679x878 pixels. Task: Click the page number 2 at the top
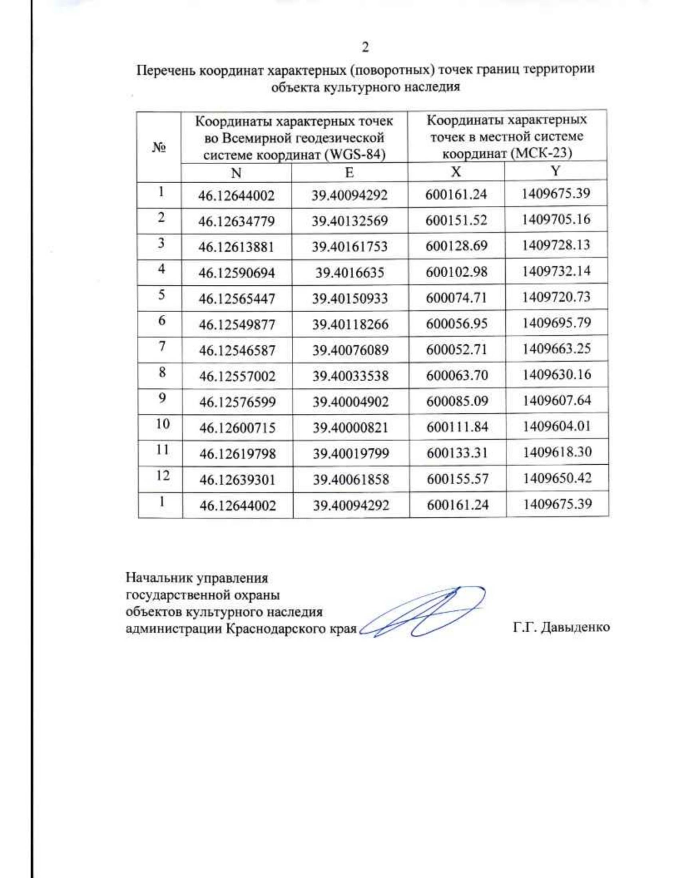365,47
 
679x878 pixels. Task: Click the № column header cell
159,148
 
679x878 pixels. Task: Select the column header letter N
237,173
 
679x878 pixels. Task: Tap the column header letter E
349,172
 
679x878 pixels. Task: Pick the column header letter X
456,172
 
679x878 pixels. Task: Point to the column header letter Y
556,171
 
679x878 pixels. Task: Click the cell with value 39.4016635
350,273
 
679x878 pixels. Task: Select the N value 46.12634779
237,221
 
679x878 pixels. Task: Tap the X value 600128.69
456,246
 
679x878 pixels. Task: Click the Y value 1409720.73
556,297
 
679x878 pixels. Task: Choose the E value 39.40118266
350,325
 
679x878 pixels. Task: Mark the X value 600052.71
457,349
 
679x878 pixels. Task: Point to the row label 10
162,423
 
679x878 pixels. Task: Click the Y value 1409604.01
557,426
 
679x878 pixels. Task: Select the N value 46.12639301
237,479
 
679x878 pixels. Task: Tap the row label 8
162,372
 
